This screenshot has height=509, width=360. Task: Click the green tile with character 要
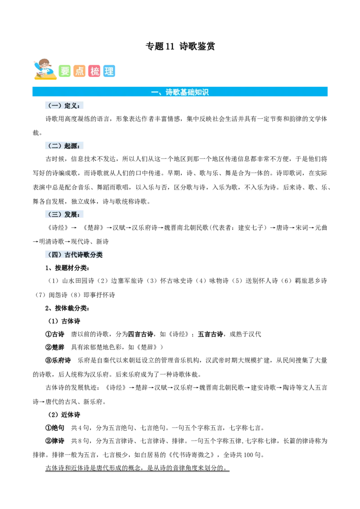click(x=65, y=71)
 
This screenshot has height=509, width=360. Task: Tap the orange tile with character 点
click(x=80, y=71)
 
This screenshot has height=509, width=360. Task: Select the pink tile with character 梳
click(x=94, y=71)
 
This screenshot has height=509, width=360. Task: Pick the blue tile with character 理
click(x=109, y=71)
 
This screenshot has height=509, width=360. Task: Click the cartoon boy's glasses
click(x=44, y=64)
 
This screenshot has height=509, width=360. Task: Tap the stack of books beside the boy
click(x=45, y=78)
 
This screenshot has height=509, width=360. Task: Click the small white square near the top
click(x=146, y=48)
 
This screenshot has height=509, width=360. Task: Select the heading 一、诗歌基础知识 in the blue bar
click(x=180, y=92)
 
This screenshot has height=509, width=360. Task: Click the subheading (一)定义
click(x=64, y=106)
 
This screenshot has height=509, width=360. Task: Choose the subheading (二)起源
click(x=64, y=146)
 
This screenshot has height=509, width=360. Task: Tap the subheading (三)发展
click(x=64, y=214)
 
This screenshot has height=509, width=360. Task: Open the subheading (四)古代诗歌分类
click(x=74, y=254)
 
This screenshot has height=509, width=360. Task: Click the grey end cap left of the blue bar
click(x=30, y=92)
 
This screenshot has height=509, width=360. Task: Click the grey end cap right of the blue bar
click(x=330, y=92)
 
